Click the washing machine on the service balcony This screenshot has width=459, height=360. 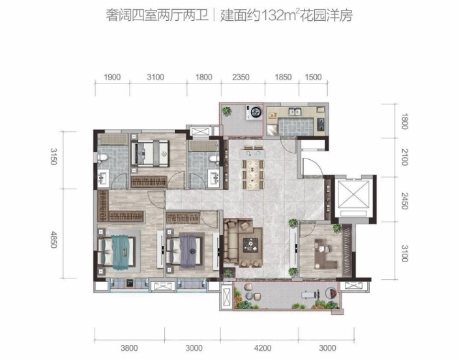pyautogui.click(x=254, y=112)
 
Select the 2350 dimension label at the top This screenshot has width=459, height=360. pyautogui.click(x=241, y=77)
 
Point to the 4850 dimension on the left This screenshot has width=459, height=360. pyautogui.click(x=53, y=239)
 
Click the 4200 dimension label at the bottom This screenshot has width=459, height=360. pyautogui.click(x=263, y=348)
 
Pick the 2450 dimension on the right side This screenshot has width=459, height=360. pyautogui.click(x=404, y=201)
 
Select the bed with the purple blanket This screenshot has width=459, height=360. pyautogui.click(x=185, y=252)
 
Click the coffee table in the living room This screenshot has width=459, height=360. pyautogui.click(x=250, y=245)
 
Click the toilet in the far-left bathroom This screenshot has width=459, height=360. pyautogui.click(x=102, y=158)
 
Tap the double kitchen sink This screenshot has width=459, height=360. pyautogui.click(x=295, y=112)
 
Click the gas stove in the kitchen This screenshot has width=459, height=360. pyautogui.click(x=321, y=124)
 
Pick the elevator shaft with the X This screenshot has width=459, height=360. pyautogui.click(x=353, y=194)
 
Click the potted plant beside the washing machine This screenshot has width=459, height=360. pyautogui.click(x=226, y=112)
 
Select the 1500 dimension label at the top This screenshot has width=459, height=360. pyautogui.click(x=313, y=77)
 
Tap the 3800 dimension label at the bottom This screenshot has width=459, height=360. pyautogui.click(x=129, y=348)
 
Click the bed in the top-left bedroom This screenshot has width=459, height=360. pyautogui.click(x=150, y=153)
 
